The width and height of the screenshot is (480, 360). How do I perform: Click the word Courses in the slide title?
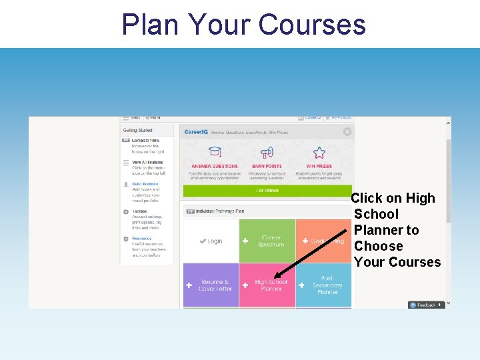coord(311,25)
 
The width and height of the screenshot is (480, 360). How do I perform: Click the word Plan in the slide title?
coord(151,25)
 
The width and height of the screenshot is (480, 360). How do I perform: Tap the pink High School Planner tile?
coord(267,285)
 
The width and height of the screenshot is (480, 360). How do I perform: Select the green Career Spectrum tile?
coord(267,241)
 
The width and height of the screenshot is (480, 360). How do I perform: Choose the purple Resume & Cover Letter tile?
coord(211,285)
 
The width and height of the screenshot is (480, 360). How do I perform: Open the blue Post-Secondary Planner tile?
coord(324,285)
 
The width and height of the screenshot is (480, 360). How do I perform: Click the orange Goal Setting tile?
coord(323,241)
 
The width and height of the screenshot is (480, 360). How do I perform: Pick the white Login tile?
coord(211,241)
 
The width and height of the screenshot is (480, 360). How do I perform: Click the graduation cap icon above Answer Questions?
coord(215,152)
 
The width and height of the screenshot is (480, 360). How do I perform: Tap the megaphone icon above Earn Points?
coord(267,152)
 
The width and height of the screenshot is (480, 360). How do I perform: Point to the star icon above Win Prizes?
coord(319,152)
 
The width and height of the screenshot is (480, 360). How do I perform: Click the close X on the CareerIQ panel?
coord(347,131)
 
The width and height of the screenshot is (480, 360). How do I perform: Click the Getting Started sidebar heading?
coord(138,131)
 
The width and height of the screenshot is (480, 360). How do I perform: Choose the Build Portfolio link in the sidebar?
coord(145,184)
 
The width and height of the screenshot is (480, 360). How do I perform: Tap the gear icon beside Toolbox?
coord(126,211)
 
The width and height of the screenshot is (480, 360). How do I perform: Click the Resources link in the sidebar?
coord(141,238)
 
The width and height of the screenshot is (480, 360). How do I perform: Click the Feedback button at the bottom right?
coord(426,305)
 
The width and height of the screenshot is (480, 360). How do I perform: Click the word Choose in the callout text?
coord(378,246)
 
